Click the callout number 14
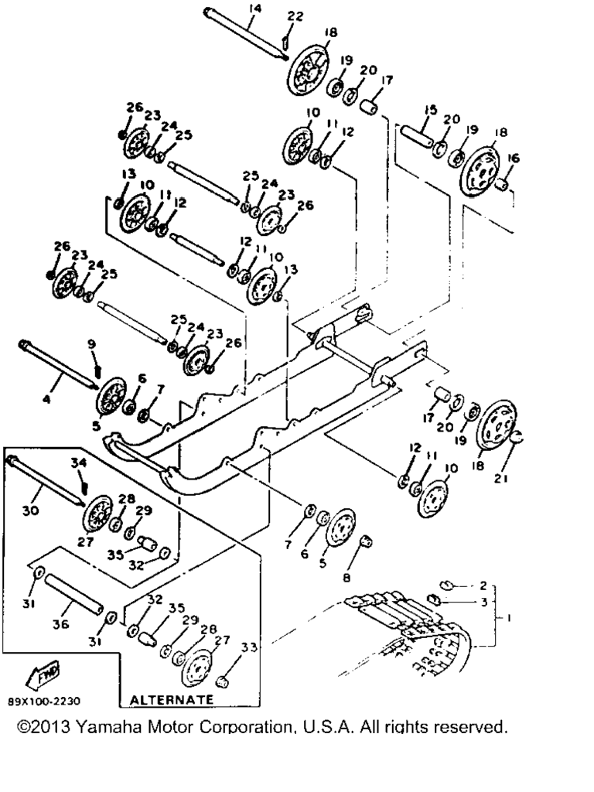pos(254,9)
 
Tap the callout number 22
pos(295,16)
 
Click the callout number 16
pos(513,158)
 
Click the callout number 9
pos(91,344)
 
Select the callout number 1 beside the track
pos(508,617)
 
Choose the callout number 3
pos(483,602)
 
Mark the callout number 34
pos(78,463)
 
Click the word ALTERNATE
pos(171,698)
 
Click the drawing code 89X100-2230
pos(44,702)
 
